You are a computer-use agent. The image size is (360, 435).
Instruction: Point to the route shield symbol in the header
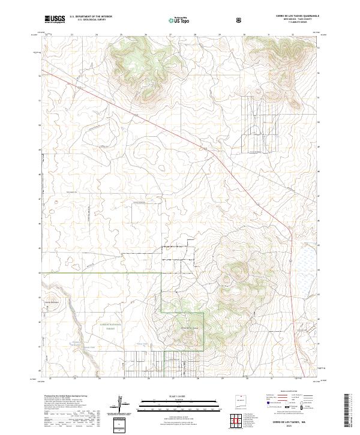(x=239, y=20)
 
